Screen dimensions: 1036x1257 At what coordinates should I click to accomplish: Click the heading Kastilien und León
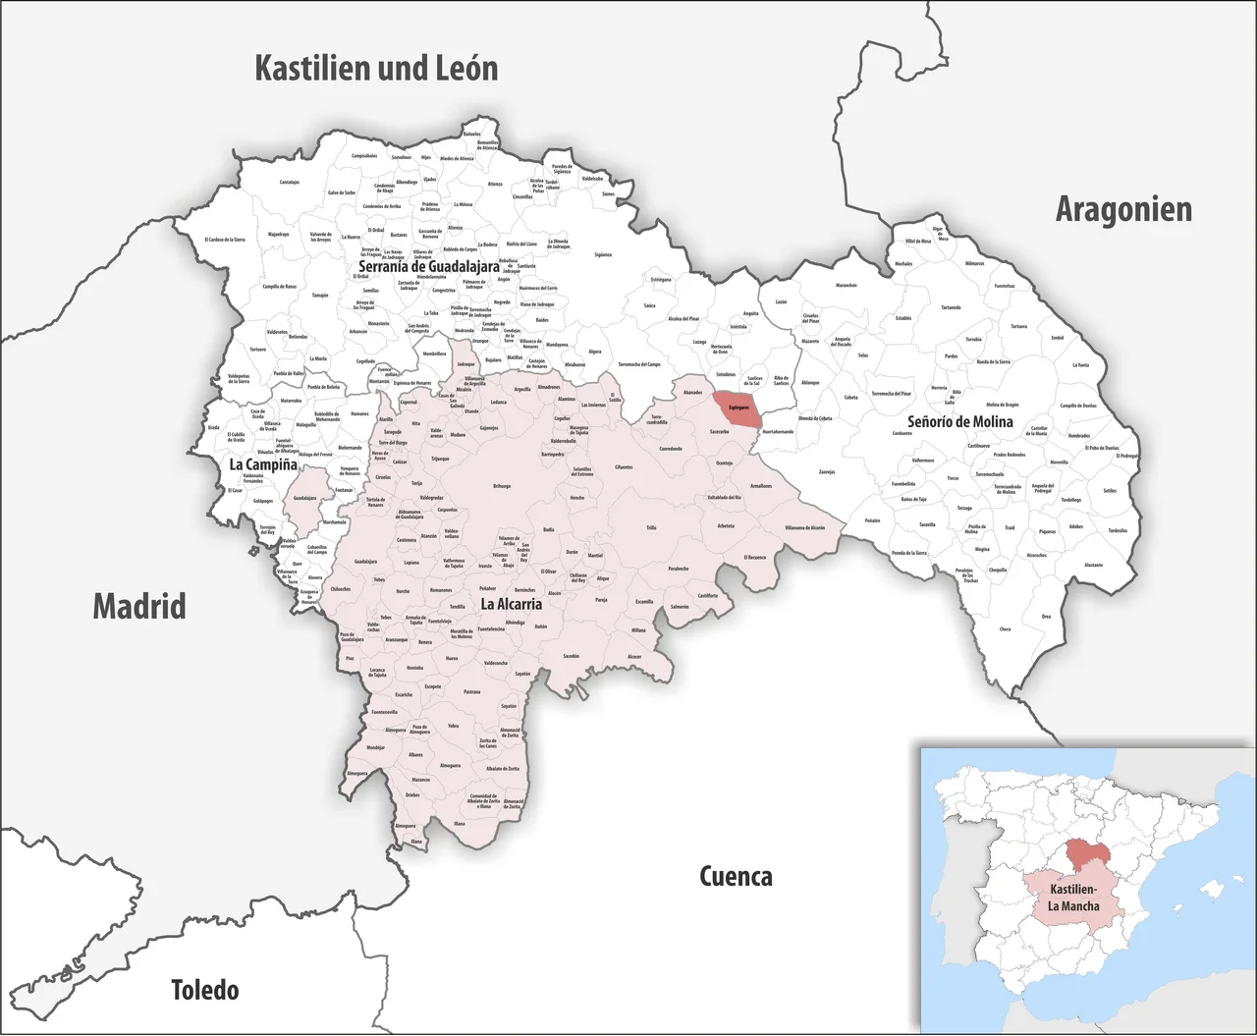376,68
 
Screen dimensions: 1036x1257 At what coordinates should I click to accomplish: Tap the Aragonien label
1123,209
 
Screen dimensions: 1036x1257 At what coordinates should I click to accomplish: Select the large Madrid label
139,606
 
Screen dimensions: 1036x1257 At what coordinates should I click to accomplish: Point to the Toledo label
204,989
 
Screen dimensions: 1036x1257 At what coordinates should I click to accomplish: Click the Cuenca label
736,876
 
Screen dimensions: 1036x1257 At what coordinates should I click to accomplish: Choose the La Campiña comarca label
262,464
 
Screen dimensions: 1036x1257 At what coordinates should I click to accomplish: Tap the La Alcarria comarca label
511,606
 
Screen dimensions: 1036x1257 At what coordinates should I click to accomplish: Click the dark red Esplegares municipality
738,407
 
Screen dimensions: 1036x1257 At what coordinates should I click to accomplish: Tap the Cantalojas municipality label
289,182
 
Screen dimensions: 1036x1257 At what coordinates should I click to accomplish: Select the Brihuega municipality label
502,486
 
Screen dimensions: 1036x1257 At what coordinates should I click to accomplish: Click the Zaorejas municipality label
827,471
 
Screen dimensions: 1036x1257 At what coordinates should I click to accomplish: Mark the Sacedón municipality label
571,655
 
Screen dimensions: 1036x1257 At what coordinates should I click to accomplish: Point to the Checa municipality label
1005,628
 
